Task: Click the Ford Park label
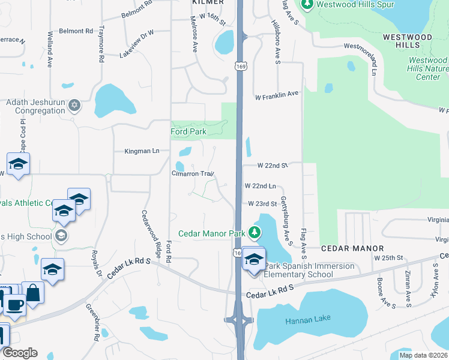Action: (188, 131)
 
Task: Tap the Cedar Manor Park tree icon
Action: (256, 232)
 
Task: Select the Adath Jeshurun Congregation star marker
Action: (74, 106)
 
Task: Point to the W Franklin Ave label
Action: (277, 95)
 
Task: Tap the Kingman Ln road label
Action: (142, 151)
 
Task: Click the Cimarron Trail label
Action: (193, 173)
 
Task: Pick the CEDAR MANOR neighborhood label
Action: (352, 248)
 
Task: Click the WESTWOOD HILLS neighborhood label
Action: (407, 41)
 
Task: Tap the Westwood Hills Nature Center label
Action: (427, 68)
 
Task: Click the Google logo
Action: (20, 353)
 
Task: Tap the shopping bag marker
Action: (32, 293)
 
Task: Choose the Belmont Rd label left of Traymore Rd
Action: (76, 31)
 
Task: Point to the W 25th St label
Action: (387, 257)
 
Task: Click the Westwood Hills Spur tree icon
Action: (307, 5)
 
